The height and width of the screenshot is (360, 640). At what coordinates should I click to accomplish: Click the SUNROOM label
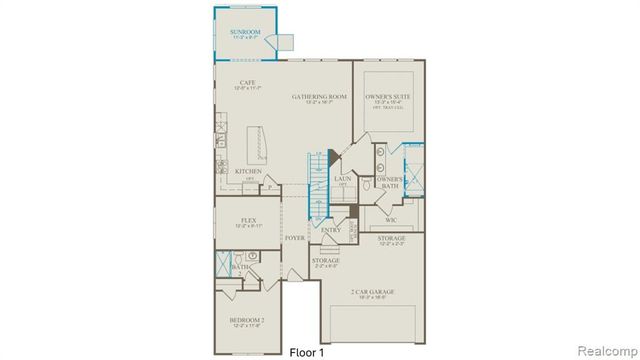click(245, 33)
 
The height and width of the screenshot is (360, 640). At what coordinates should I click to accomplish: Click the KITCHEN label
click(248, 170)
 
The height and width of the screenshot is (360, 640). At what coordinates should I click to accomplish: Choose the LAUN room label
click(342, 179)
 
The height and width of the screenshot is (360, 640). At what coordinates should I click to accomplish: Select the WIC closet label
click(405, 218)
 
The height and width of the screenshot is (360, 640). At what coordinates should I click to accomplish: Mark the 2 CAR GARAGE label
click(372, 293)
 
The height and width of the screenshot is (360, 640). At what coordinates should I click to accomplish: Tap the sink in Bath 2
click(254, 256)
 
